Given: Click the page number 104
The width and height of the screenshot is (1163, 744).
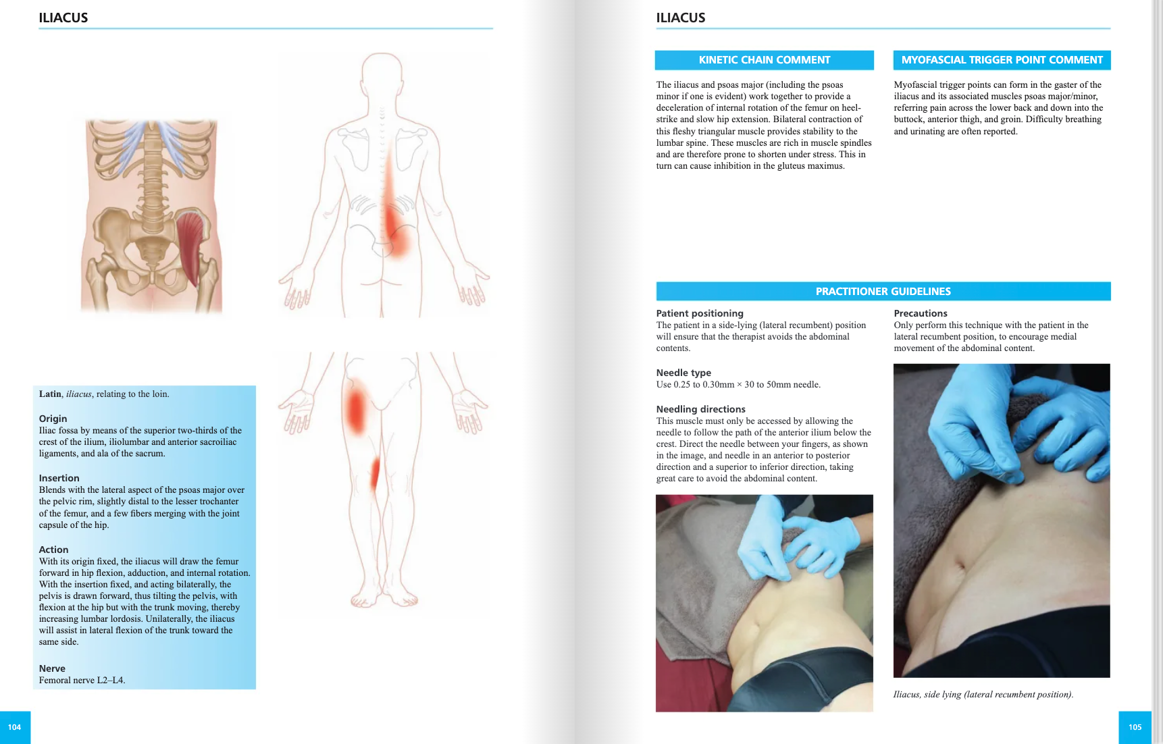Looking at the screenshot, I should tap(14, 727).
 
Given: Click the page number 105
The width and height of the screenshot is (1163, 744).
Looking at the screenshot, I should tap(1135, 727).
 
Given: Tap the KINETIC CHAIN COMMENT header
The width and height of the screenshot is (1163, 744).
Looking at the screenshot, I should tap(764, 60).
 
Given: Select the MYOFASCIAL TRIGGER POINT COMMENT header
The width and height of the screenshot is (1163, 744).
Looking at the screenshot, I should tap(1002, 60).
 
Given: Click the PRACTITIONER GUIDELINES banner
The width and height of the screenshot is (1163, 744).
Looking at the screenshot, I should tap(883, 292).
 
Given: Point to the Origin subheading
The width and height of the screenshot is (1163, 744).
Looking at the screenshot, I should tap(53, 419).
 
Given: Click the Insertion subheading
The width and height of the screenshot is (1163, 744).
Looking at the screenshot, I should tap(59, 478).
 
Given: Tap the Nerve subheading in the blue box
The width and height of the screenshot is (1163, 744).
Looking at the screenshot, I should tap(52, 668).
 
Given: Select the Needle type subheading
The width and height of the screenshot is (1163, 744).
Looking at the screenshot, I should tap(683, 373).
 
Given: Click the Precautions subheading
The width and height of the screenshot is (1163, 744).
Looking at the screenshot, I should tap(920, 313).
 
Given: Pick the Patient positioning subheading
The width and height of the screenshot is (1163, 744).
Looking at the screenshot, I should tap(699, 313).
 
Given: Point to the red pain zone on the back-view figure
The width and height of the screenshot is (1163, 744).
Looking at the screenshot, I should tap(394, 216).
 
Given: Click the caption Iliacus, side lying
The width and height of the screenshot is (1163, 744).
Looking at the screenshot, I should tap(983, 694).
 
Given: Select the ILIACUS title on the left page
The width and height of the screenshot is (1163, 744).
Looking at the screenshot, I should tap(63, 18).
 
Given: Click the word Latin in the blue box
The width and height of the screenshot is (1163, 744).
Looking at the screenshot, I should tap(49, 394).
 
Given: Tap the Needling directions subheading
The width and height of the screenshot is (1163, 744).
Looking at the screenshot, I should tap(700, 409).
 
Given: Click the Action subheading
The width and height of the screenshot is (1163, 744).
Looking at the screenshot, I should tap(53, 550).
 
